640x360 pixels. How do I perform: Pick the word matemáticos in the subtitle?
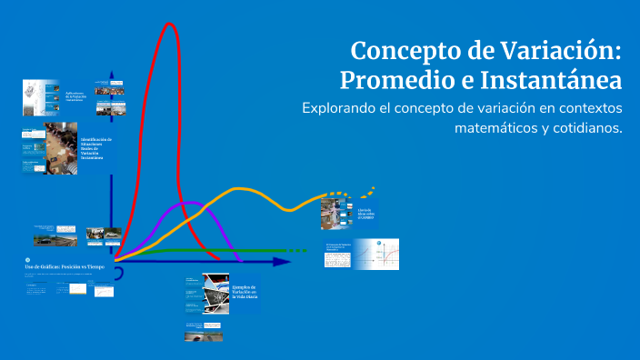[495, 128]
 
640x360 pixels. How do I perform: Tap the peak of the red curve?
[169, 25]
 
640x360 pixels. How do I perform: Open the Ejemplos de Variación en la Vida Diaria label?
[245, 291]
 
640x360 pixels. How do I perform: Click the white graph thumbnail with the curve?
[376, 255]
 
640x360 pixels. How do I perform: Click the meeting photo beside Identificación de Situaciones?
[61, 145]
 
